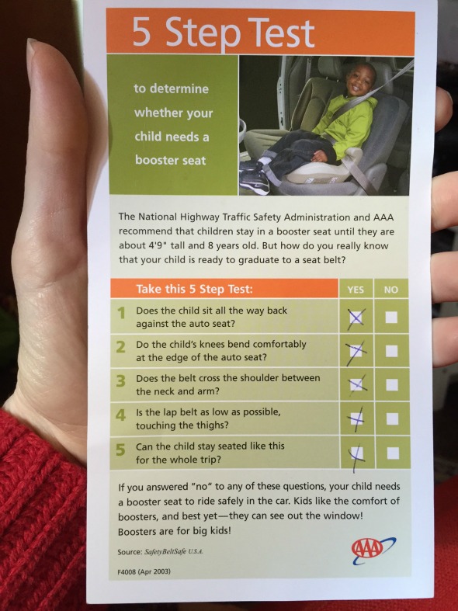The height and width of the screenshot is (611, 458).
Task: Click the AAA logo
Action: click(x=373, y=550)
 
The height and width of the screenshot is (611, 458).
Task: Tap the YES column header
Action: click(x=356, y=290)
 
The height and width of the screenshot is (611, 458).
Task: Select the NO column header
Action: click(x=391, y=290)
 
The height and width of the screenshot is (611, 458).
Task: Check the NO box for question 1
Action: click(x=391, y=318)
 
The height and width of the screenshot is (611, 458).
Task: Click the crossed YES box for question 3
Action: click(x=357, y=385)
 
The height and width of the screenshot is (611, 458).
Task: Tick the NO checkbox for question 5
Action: click(x=393, y=453)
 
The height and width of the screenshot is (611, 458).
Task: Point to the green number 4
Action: click(x=121, y=415)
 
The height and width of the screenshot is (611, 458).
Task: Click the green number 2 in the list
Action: click(x=121, y=346)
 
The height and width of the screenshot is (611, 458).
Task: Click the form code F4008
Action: click(x=127, y=571)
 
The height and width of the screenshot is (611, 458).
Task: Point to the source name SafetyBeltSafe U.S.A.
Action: click(x=174, y=552)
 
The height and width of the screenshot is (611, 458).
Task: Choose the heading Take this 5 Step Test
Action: click(x=194, y=289)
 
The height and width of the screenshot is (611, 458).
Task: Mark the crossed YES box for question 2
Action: click(x=356, y=351)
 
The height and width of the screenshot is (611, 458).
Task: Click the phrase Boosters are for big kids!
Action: click(x=175, y=531)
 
